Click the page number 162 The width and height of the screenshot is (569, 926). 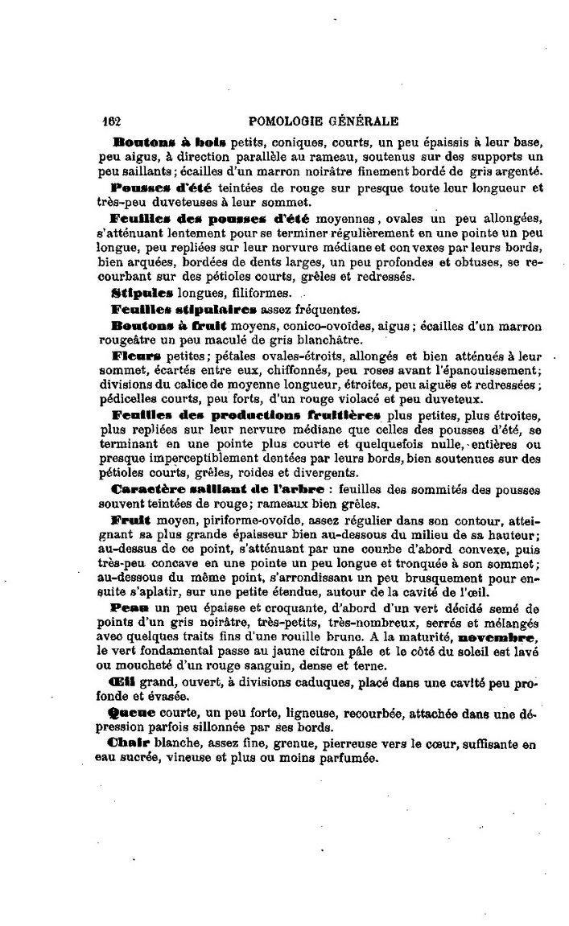click(x=111, y=121)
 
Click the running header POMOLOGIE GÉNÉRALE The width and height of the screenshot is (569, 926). click(x=324, y=121)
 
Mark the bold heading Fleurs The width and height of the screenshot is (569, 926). click(x=137, y=354)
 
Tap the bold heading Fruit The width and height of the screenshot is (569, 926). click(x=127, y=519)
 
